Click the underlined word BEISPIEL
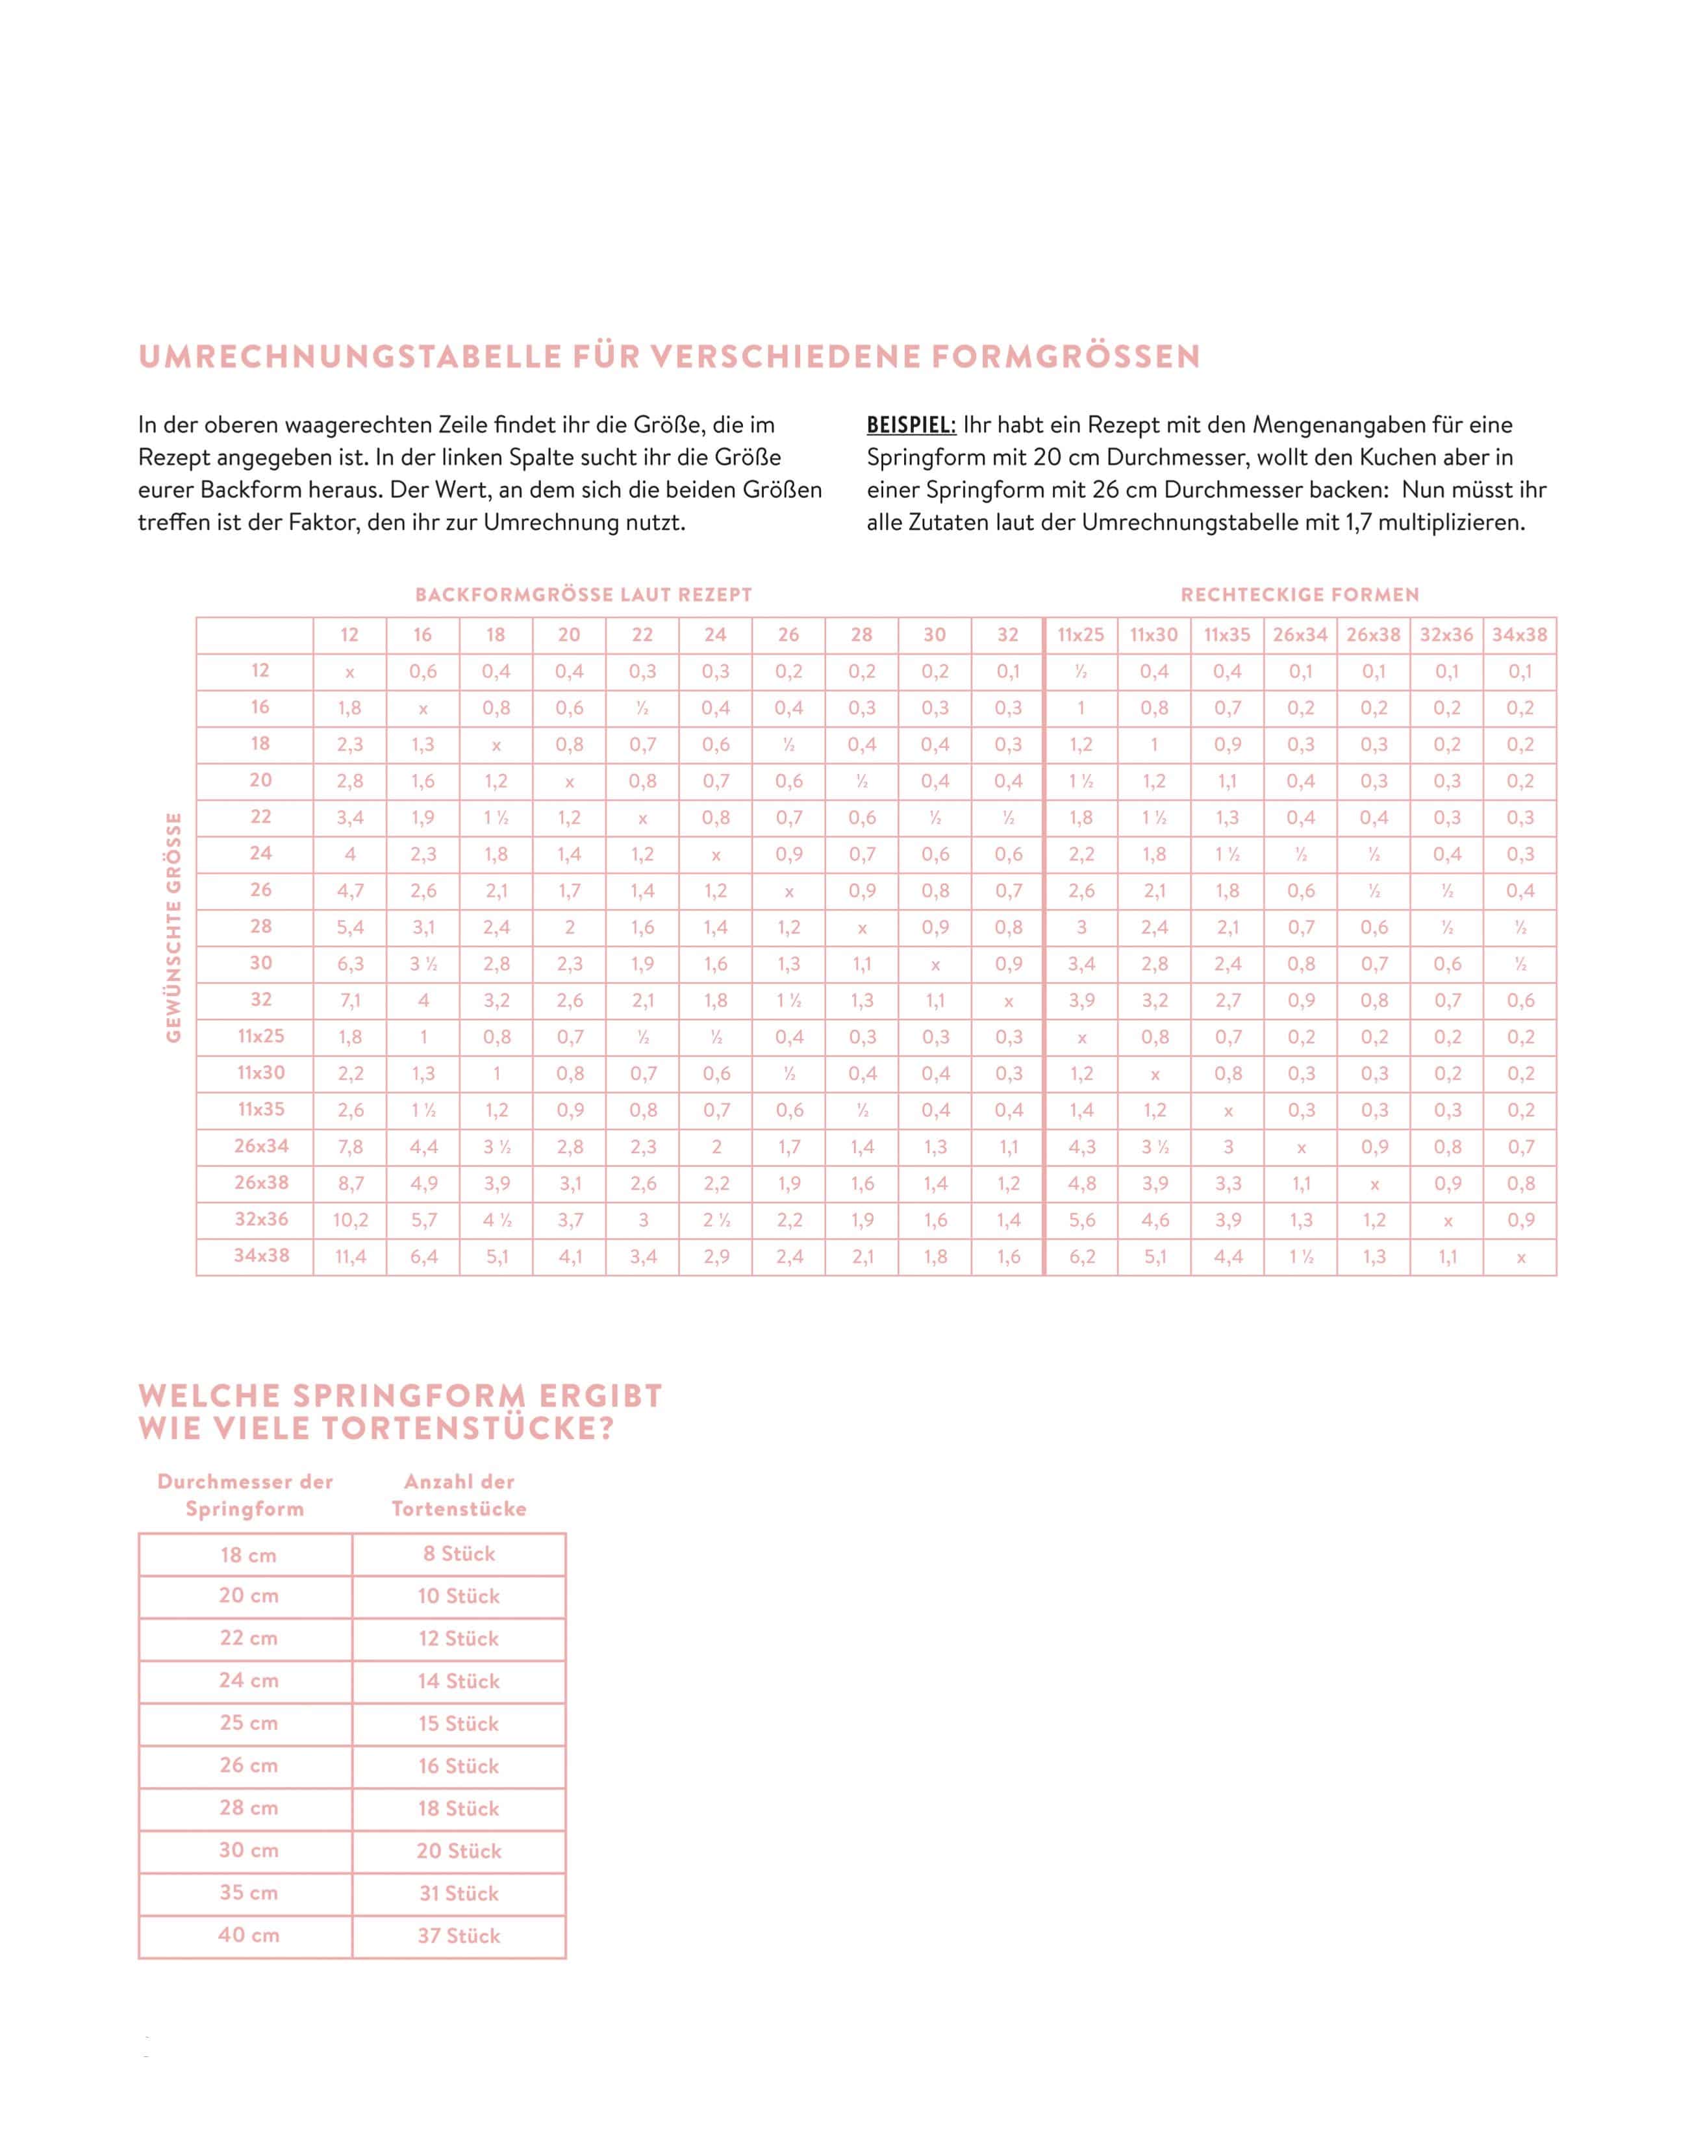(x=910, y=426)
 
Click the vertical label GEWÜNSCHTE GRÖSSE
(x=175, y=928)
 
